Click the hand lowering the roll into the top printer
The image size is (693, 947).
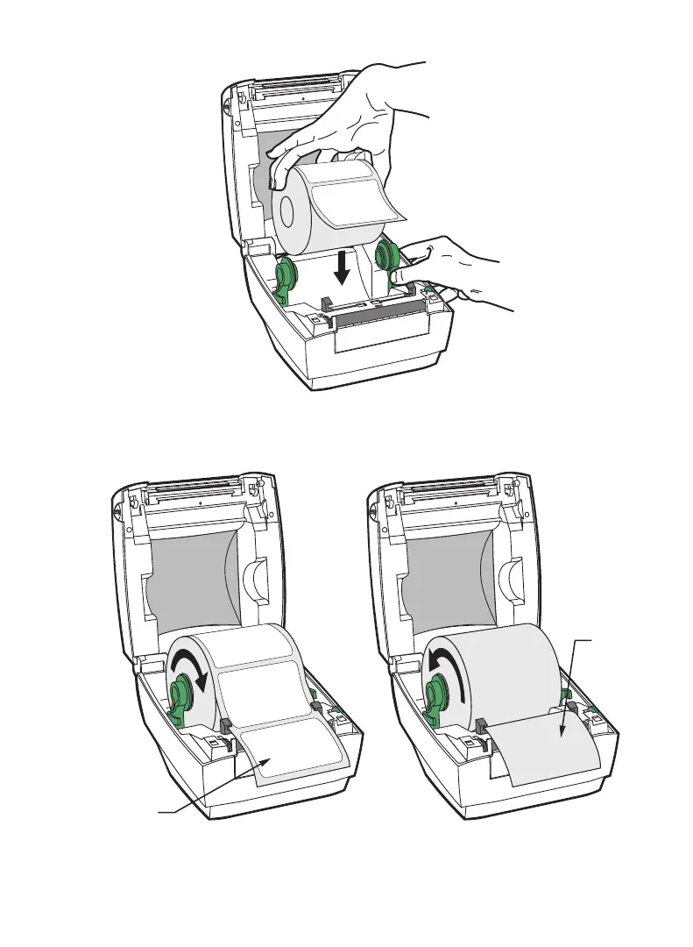point(350,123)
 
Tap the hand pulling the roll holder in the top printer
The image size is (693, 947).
point(456,272)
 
